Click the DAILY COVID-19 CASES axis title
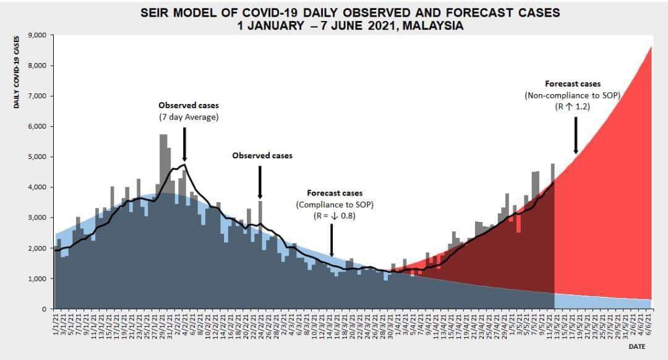(17, 72)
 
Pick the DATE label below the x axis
(636, 347)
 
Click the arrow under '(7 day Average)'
(184, 145)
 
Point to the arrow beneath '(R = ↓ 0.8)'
(332, 239)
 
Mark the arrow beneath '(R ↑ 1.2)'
(576, 134)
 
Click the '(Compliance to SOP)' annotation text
(335, 205)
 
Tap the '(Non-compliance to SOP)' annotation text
(572, 95)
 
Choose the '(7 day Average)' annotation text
(189, 117)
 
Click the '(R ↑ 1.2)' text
(572, 106)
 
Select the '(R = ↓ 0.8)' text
(335, 216)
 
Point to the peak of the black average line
(184, 164)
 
